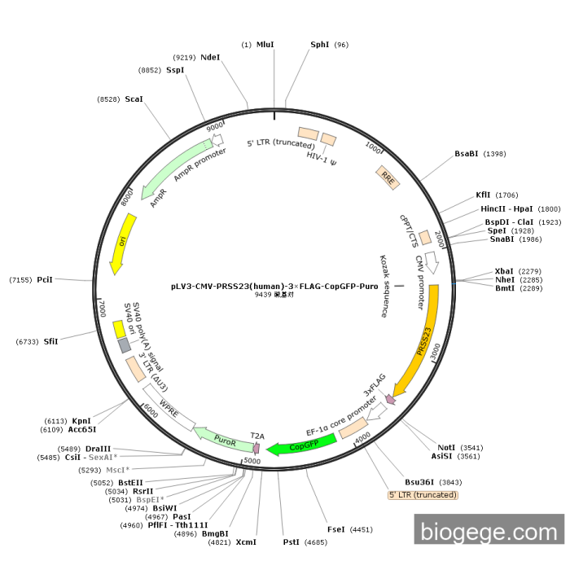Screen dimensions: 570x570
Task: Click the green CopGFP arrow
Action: (x=302, y=445)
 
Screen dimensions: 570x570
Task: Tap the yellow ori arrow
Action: (x=122, y=243)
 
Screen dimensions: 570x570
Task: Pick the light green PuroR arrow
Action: (x=224, y=440)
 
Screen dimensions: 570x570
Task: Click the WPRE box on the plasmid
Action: (x=169, y=407)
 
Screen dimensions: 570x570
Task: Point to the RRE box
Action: (x=388, y=178)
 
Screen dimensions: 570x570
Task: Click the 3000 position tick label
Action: (x=435, y=351)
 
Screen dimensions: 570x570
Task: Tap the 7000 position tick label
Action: (x=102, y=309)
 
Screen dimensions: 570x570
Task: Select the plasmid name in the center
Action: (x=274, y=286)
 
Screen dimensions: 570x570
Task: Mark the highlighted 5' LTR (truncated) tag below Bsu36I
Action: (x=423, y=495)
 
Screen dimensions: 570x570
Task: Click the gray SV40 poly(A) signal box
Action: (x=124, y=345)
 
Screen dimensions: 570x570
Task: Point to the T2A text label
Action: (x=257, y=436)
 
